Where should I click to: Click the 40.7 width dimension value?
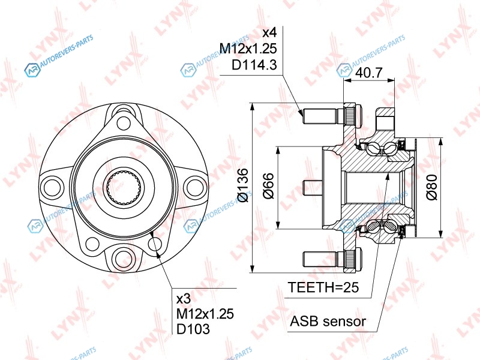[369, 73]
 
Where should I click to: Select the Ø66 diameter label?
[269, 185]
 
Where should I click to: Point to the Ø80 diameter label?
[431, 187]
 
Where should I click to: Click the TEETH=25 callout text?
[323, 287]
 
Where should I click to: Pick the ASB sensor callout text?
[328, 322]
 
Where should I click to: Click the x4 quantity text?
[269, 32]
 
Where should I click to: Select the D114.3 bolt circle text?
[254, 65]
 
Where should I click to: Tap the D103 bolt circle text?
[193, 329]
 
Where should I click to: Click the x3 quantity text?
[184, 299]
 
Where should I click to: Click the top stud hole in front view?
[124, 123]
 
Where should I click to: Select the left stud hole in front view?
[52, 187]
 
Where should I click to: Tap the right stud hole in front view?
[194, 187]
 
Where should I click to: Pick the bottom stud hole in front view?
[124, 257]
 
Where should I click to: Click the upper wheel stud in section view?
[332, 116]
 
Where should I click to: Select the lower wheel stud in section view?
[332, 259]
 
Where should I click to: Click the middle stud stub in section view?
[313, 188]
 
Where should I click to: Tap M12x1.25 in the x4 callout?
[248, 49]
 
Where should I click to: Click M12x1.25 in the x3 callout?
[205, 314]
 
